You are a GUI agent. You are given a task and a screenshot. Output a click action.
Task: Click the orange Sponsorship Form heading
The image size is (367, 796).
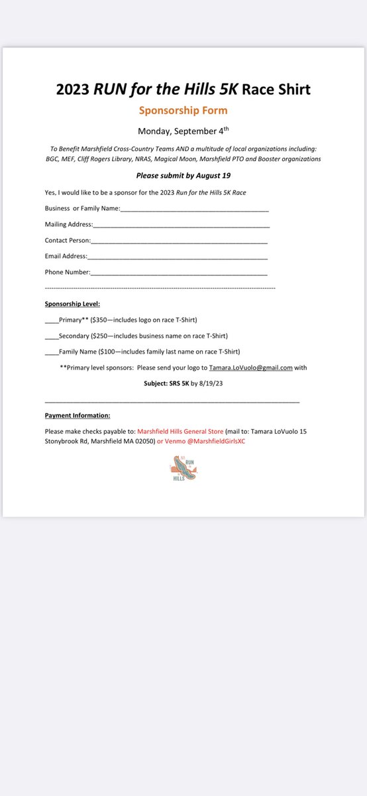pyautogui.click(x=183, y=110)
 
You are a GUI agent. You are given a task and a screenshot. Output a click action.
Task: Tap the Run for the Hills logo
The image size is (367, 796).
pyautogui.click(x=183, y=468)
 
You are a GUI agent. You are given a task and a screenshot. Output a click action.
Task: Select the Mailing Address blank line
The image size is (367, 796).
pyautogui.click(x=181, y=226)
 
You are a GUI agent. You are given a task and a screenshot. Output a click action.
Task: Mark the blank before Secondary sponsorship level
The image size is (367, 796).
pyautogui.click(x=52, y=336)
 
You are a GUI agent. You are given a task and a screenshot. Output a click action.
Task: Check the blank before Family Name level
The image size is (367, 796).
pyautogui.click(x=52, y=352)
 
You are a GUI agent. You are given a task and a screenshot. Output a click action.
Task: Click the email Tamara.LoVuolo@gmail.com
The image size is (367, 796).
pyautogui.click(x=250, y=367)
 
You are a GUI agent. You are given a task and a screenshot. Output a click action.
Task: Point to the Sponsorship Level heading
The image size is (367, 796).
pyautogui.click(x=72, y=304)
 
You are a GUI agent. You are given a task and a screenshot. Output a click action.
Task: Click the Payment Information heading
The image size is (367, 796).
pyautogui.click(x=78, y=415)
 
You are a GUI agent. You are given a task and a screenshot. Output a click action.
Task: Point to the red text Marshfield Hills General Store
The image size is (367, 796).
pyautogui.click(x=180, y=431)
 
